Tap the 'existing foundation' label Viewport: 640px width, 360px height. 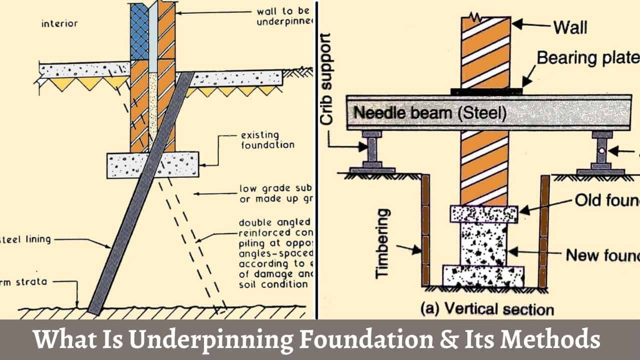(x=267, y=140)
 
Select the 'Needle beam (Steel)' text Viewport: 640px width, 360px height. (x=430, y=113)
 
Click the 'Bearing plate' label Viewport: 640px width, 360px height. (x=588, y=58)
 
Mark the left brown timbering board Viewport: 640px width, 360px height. (x=425, y=230)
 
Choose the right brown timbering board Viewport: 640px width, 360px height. (x=544, y=230)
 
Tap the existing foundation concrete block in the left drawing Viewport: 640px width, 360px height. (x=153, y=165)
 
